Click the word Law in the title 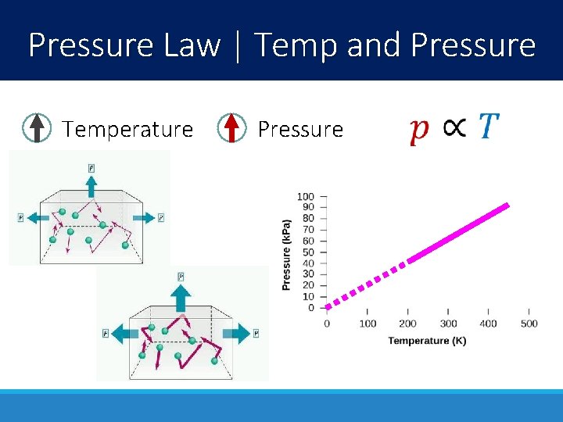tap(192, 45)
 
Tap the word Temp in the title tap(296, 45)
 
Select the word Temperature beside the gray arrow tap(127, 129)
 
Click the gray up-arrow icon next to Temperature tap(37, 128)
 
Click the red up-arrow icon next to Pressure tap(231, 128)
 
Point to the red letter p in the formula tap(419, 130)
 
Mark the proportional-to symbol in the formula tap(455, 127)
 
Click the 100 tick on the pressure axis tap(306, 196)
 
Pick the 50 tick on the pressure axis tap(308, 252)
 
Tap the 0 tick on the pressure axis tap(311, 307)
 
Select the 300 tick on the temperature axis tap(448, 324)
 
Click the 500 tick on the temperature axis tap(529, 324)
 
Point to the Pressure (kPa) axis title tap(286, 255)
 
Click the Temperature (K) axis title tap(427, 341)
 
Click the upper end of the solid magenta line tap(506, 206)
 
